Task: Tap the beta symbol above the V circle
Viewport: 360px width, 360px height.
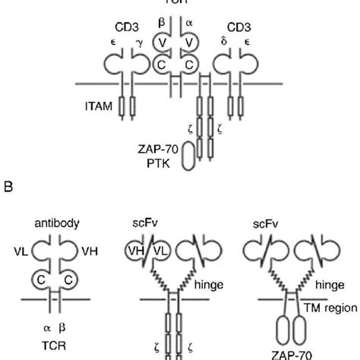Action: (x=162, y=23)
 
